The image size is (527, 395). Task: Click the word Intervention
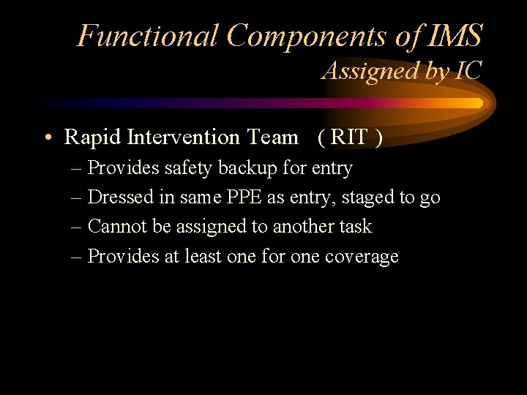click(x=184, y=138)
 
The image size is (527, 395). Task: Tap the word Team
click(x=272, y=138)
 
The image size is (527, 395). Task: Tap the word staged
click(x=365, y=197)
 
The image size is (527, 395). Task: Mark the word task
click(x=356, y=227)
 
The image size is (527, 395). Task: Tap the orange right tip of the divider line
click(x=479, y=103)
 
